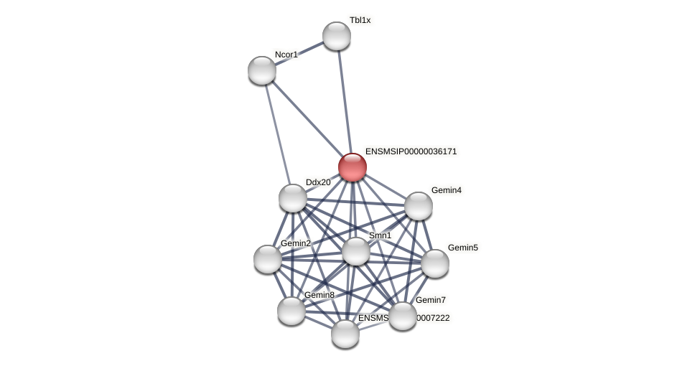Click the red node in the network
click(x=352, y=167)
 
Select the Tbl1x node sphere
click(x=336, y=36)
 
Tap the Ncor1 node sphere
click(x=262, y=70)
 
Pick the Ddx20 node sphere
click(x=293, y=198)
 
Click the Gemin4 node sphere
click(x=418, y=206)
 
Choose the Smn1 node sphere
click(x=355, y=251)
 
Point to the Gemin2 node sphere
click(x=268, y=259)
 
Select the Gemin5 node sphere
click(x=434, y=263)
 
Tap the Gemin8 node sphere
click(x=291, y=311)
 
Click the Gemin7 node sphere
click(x=402, y=316)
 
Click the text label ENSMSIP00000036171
click(x=411, y=151)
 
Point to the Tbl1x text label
click(x=360, y=20)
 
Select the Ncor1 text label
click(x=286, y=55)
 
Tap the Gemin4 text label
click(x=446, y=190)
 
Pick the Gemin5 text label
click(x=462, y=248)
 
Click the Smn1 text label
click(x=380, y=235)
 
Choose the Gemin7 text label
click(x=430, y=300)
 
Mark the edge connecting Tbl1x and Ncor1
click(x=299, y=53)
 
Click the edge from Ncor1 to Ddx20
click(x=277, y=133)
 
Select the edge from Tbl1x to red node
click(x=344, y=101)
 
